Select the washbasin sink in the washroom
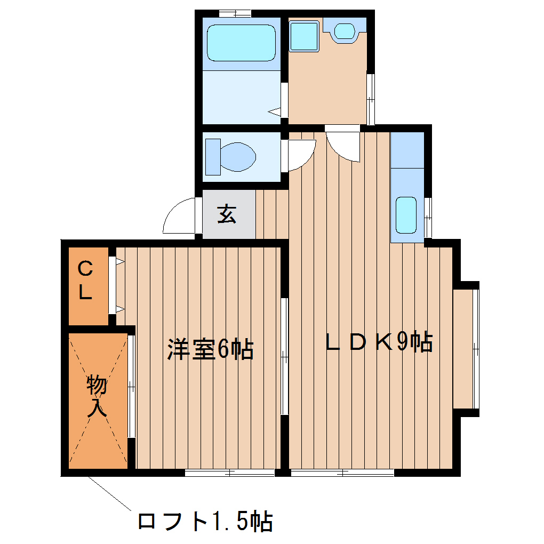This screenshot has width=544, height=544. click(x=346, y=30)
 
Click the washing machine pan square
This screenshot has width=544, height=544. click(x=304, y=35)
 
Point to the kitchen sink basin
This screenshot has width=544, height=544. click(x=406, y=214)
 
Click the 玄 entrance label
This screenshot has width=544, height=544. click(x=227, y=214)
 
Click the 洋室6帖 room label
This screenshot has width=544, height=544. click(x=210, y=349)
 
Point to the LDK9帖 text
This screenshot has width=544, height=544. click(x=379, y=342)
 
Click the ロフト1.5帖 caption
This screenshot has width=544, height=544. click(x=205, y=521)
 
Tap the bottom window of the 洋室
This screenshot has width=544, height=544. click(x=230, y=473)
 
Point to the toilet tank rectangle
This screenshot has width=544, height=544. click(x=213, y=156)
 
